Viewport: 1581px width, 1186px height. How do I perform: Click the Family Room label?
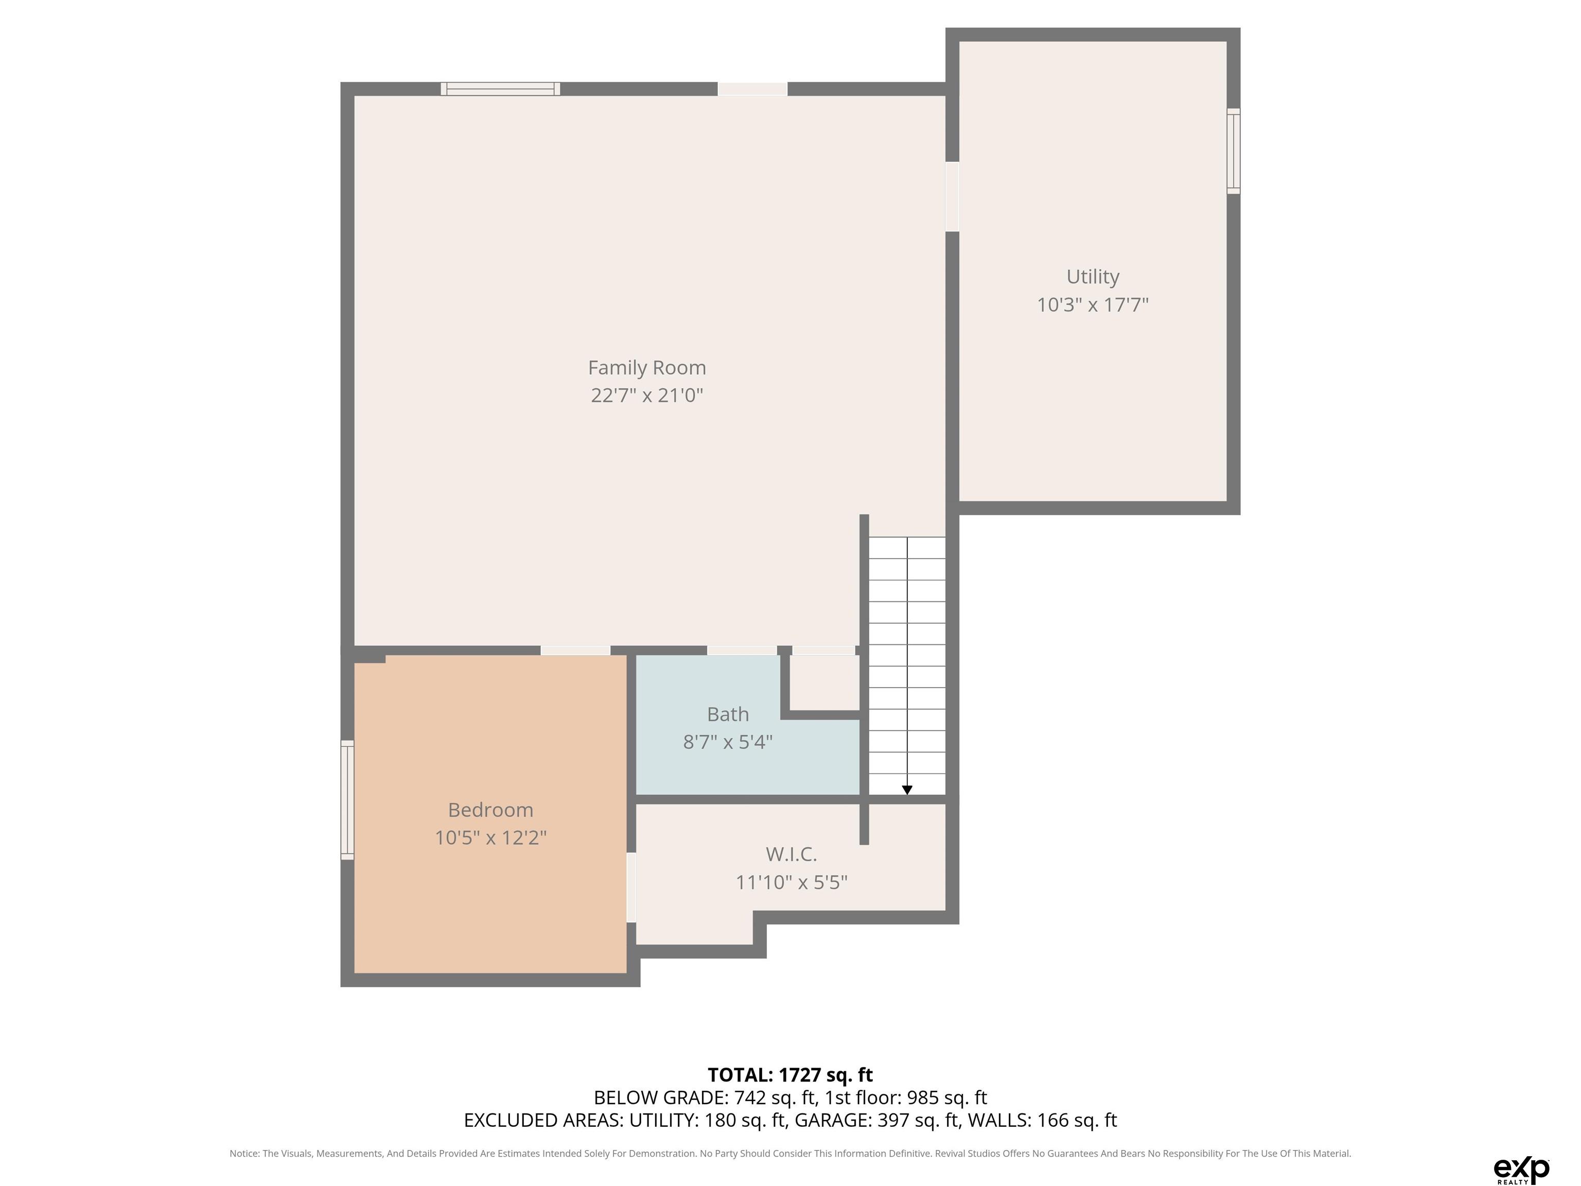pos(647,368)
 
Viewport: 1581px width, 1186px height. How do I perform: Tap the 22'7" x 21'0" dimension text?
pos(647,395)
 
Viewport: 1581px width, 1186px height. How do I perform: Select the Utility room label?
pos(1093,276)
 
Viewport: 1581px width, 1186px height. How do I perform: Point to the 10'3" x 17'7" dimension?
pos(1093,305)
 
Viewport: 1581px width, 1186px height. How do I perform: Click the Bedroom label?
pos(490,810)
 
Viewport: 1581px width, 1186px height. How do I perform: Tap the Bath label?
pos(728,714)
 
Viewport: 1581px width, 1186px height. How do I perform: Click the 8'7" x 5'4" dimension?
pos(728,742)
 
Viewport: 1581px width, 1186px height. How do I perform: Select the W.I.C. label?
pos(791,854)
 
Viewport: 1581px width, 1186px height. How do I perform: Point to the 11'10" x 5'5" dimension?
pos(791,882)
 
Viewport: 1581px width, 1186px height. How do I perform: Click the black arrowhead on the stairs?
pos(907,790)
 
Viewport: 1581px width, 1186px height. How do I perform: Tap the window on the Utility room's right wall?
pos(1234,151)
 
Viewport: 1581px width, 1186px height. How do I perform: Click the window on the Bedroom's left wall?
pos(347,800)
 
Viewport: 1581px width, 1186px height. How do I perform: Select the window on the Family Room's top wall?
pos(500,89)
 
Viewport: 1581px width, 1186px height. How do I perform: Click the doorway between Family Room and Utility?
pos(952,197)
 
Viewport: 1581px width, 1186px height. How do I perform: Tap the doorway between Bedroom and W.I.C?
pos(631,887)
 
